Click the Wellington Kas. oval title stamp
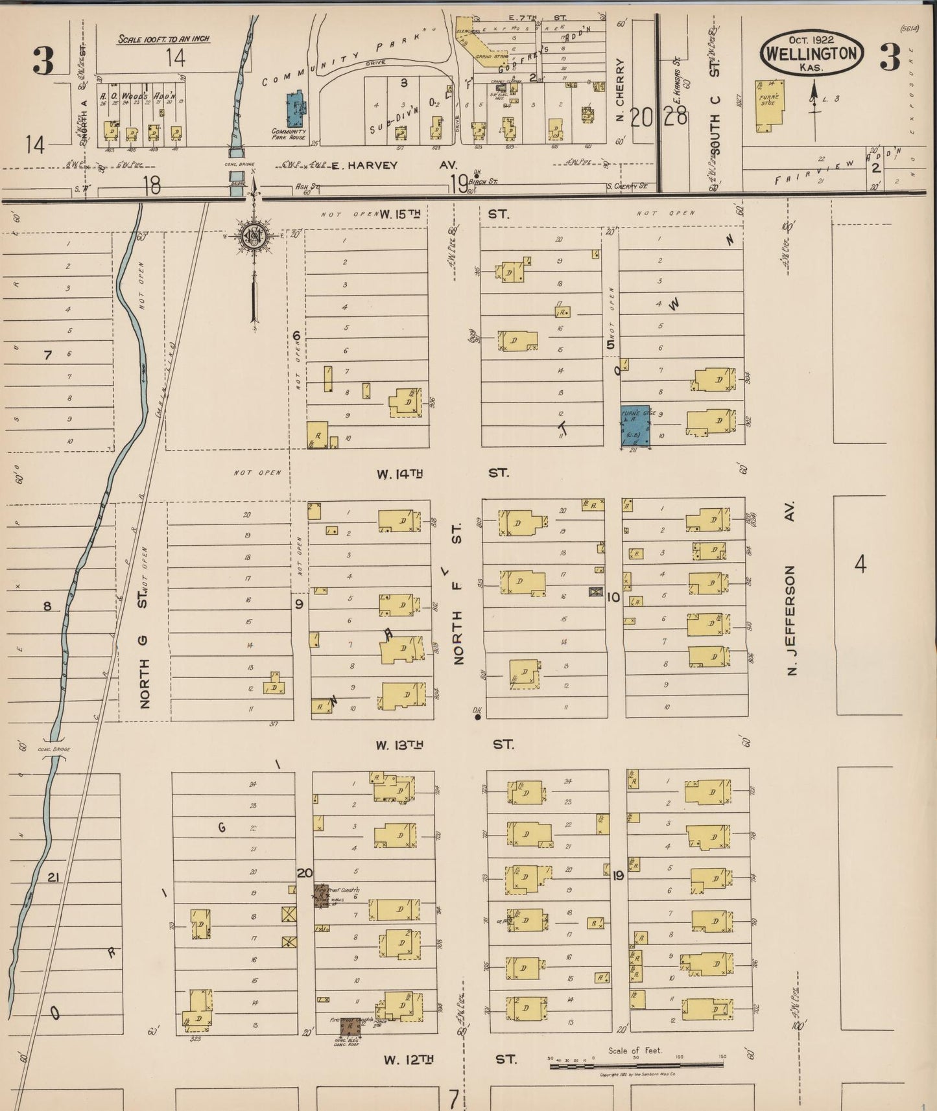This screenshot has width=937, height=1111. tap(811, 54)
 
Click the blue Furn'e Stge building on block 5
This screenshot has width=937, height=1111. tap(635, 425)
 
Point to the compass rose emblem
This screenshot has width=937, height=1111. tap(253, 238)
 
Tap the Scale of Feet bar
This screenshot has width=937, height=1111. tap(637, 1065)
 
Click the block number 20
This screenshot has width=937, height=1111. tap(304, 873)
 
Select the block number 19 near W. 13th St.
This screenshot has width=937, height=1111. tap(617, 876)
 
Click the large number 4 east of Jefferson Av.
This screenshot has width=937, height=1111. tap(860, 564)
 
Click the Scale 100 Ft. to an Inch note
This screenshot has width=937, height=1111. tap(163, 39)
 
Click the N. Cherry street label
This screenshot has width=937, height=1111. tap(619, 90)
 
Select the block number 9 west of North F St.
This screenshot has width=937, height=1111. tap(299, 604)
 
